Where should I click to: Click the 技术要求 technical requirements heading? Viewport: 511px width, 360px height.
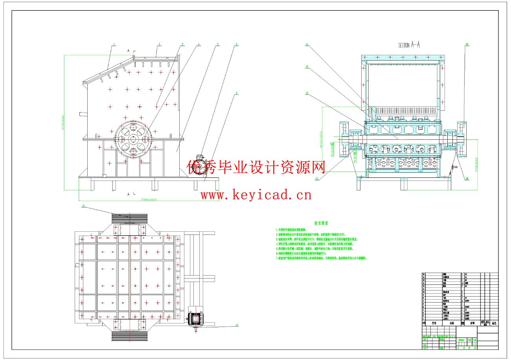[321, 223]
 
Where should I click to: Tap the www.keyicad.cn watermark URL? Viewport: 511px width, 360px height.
[256, 194]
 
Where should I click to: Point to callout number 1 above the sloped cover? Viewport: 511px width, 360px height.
[113, 44]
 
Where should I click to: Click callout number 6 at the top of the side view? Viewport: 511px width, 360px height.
[236, 44]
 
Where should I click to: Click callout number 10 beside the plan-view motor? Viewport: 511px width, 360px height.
[237, 325]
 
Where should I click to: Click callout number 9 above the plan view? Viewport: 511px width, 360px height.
[83, 205]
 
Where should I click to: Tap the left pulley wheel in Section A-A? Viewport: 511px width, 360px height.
[342, 139]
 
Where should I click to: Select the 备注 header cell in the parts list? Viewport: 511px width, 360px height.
[493, 323]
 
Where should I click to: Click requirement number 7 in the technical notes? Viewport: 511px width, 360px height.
[277, 258]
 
